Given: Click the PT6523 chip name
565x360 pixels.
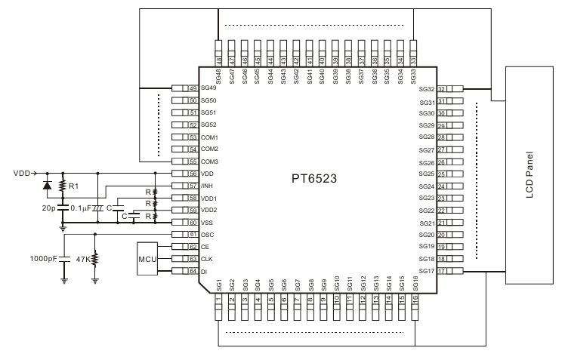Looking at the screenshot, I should pyautogui.click(x=313, y=180).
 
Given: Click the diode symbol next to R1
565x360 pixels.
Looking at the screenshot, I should pyautogui.click(x=48, y=185).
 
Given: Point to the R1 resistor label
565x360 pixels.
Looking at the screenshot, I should pyautogui.click(x=73, y=185).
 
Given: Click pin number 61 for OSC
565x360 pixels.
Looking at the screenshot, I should pyautogui.click(x=193, y=234).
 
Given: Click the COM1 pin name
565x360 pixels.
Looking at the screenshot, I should pyautogui.click(x=209, y=137).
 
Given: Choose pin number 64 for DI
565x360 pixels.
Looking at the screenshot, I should pyautogui.click(x=193, y=270).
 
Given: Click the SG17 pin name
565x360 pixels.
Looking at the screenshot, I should pyautogui.click(x=428, y=270).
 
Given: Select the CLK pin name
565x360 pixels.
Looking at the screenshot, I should pyautogui.click(x=207, y=258).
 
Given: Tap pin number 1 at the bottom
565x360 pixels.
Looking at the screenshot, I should pyautogui.click(x=219, y=300).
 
